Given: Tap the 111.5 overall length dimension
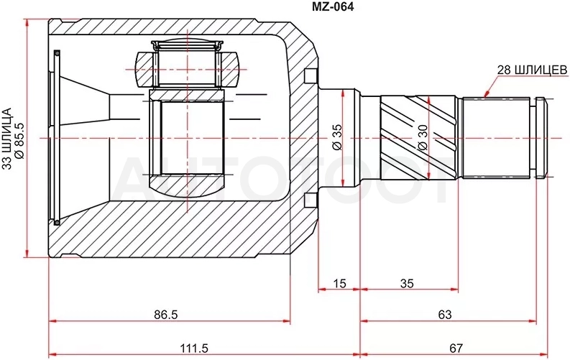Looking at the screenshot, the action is click(194, 349).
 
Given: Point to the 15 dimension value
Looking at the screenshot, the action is click(339, 283).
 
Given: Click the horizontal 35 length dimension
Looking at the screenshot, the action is click(407, 283).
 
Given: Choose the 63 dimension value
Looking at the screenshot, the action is click(445, 314).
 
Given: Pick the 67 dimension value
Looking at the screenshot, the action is click(456, 349).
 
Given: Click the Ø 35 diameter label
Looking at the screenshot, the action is click(337, 137).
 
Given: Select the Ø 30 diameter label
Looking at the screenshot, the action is click(423, 137).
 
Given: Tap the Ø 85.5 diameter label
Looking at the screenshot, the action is click(19, 141).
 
